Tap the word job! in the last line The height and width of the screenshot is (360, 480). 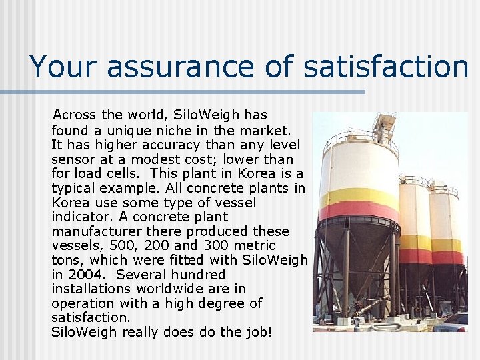click(x=257, y=332)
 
